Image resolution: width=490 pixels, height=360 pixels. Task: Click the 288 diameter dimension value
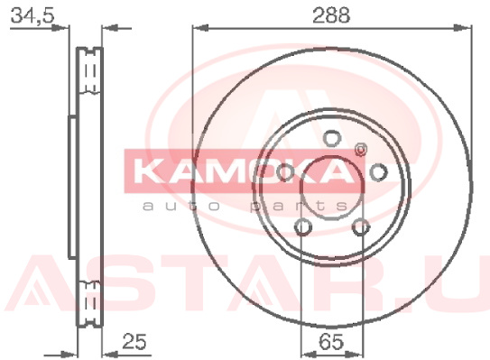tap(331, 15)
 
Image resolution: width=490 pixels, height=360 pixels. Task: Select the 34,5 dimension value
tap(32, 15)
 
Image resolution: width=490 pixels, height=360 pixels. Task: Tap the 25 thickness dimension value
tap(134, 341)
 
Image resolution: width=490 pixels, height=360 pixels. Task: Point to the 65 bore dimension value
tap(331, 342)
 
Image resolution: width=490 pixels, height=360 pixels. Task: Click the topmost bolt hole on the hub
tap(332, 138)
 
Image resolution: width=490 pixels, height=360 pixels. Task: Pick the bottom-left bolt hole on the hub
tap(303, 226)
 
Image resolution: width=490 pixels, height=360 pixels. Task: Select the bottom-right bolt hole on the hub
tap(361, 226)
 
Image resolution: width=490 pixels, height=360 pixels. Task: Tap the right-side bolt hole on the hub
tap(379, 172)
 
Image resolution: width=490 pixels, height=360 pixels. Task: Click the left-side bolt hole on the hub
tap(285, 172)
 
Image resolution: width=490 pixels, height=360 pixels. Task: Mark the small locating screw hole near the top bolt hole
tap(361, 150)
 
